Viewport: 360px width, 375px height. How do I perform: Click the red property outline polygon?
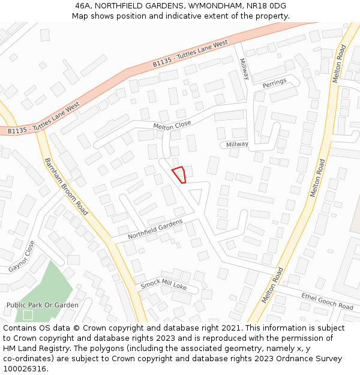click(x=179, y=174)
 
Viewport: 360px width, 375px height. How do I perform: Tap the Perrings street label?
click(x=274, y=82)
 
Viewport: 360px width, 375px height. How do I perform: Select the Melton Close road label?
click(x=172, y=125)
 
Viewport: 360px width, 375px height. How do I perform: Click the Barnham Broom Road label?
click(x=66, y=186)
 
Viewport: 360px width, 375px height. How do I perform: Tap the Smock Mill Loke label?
click(x=163, y=286)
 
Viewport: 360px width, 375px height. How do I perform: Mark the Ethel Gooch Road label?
click(x=327, y=302)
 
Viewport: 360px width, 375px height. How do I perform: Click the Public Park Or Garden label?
click(x=42, y=305)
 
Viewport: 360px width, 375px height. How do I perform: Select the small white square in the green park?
click(x=28, y=314)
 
